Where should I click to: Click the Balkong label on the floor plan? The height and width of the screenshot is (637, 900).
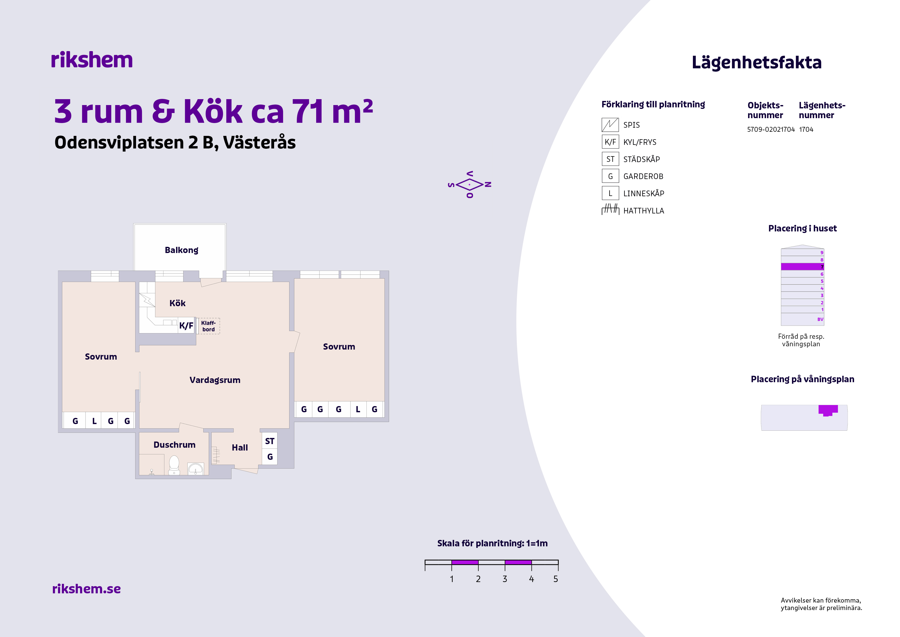(x=181, y=250)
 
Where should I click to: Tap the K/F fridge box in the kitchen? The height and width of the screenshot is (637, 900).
(x=187, y=325)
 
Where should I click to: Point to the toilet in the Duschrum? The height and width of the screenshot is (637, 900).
(x=174, y=465)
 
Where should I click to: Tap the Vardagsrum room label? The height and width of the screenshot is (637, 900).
(x=215, y=380)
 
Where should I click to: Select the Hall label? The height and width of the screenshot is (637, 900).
(x=240, y=447)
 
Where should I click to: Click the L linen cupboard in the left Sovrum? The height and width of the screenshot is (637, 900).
(x=94, y=421)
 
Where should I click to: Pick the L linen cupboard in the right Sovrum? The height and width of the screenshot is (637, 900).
(x=358, y=409)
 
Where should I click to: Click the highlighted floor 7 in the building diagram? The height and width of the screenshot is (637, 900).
(x=802, y=267)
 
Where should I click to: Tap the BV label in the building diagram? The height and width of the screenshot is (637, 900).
(x=820, y=319)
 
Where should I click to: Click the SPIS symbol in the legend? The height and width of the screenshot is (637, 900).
(x=610, y=125)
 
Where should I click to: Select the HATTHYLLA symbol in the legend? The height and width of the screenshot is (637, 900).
(x=610, y=209)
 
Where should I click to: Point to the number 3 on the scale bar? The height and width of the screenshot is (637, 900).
(x=505, y=579)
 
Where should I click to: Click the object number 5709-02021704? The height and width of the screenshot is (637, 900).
(x=771, y=129)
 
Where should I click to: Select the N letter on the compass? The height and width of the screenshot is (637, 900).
(x=488, y=184)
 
